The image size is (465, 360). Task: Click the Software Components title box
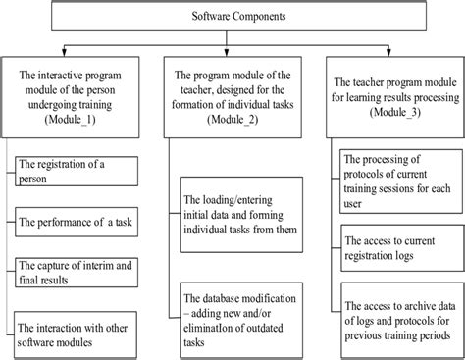click(232, 19)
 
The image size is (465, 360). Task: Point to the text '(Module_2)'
click(232, 120)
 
